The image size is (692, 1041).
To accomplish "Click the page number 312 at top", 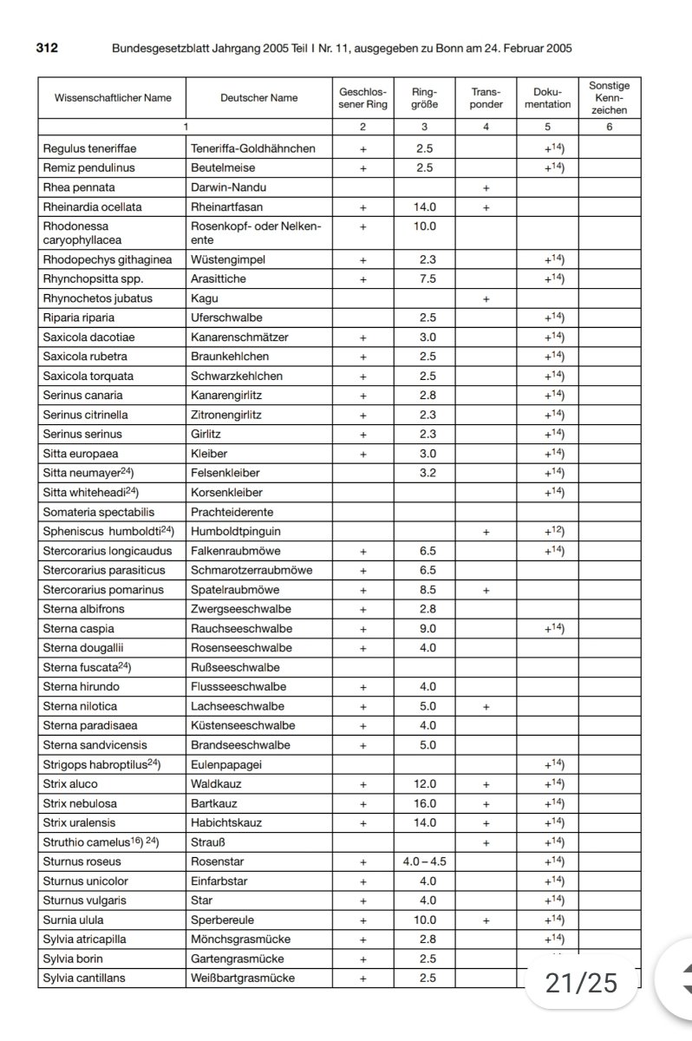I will click(x=47, y=49).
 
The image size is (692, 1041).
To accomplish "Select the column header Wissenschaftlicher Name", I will click(x=113, y=98).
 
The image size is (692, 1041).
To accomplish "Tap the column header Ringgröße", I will click(x=424, y=98).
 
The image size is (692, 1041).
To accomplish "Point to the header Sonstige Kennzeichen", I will click(x=609, y=98).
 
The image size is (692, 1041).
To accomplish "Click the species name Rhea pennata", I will click(x=79, y=187).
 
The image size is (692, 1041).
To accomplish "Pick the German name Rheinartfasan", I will click(x=226, y=207).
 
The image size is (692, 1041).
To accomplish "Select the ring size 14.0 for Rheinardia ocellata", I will click(x=424, y=207).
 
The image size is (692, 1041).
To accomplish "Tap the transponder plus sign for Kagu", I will click(x=486, y=298).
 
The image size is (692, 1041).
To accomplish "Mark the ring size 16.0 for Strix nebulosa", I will click(x=424, y=803).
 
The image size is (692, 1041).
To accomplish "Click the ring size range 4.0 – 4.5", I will click(x=424, y=861).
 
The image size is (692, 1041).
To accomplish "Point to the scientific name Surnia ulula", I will click(x=75, y=920).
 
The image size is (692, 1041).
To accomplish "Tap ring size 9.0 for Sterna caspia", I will click(x=424, y=628).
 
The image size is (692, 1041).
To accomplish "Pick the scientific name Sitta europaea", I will click(x=81, y=453).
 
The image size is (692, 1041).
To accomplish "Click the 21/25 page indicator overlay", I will click(x=581, y=982).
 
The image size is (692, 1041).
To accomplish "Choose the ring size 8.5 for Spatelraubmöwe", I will click(x=424, y=590).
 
